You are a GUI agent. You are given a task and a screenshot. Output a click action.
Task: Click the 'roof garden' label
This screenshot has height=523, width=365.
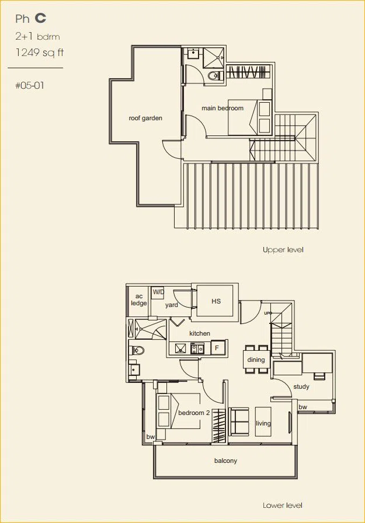pyautogui.click(x=145, y=118)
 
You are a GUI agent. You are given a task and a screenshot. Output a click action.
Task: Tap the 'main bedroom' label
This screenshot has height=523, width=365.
pyautogui.click(x=223, y=108)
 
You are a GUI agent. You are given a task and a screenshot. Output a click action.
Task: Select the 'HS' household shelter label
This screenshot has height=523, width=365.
pyautogui.click(x=216, y=301)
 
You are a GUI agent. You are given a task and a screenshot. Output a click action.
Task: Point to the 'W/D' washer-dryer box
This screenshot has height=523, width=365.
pyautogui.click(x=158, y=292)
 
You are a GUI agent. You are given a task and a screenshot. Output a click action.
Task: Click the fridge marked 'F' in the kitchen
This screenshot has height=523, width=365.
pyautogui.click(x=217, y=348)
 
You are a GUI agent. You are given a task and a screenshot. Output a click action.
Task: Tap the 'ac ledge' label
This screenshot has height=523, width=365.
pyautogui.click(x=139, y=299)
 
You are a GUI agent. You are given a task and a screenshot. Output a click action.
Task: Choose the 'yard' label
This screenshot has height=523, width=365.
pyautogui.click(x=172, y=305)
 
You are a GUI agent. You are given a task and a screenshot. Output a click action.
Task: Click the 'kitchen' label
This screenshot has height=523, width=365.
pyautogui.click(x=200, y=333)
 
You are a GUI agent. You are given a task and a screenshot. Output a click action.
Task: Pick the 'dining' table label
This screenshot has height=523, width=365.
pyautogui.click(x=256, y=360)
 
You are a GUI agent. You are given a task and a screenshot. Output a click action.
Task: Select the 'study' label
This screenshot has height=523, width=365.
pyautogui.click(x=301, y=386)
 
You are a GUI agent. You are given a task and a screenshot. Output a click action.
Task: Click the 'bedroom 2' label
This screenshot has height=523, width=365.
pyautogui.click(x=194, y=413)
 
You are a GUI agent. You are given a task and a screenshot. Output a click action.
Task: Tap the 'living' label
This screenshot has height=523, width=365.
pyautogui.click(x=263, y=423)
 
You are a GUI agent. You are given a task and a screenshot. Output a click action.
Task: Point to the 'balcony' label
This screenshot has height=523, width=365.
pyautogui.click(x=225, y=461)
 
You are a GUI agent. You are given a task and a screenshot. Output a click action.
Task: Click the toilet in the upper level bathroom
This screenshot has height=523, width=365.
pyautogui.click(x=213, y=76)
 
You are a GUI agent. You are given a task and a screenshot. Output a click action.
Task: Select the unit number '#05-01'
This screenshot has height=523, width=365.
pyautogui.click(x=30, y=85)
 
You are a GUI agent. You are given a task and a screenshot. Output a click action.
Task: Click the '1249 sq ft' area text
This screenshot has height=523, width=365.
pyautogui.click(x=39, y=53)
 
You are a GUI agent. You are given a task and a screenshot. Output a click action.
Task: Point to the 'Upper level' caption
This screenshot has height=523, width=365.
pyautogui.click(x=283, y=249)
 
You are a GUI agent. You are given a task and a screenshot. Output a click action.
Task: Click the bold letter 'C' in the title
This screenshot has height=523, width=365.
pyautogui.click(x=40, y=18)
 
